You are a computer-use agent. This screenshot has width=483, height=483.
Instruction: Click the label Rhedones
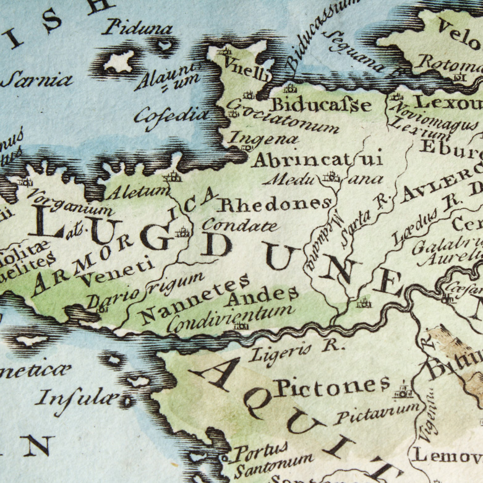[x=275, y=203]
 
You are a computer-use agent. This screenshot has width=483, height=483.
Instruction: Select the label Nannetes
[x=194, y=301]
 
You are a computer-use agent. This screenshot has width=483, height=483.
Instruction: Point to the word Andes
[x=263, y=297]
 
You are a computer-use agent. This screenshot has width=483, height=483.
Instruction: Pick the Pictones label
[x=332, y=388]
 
